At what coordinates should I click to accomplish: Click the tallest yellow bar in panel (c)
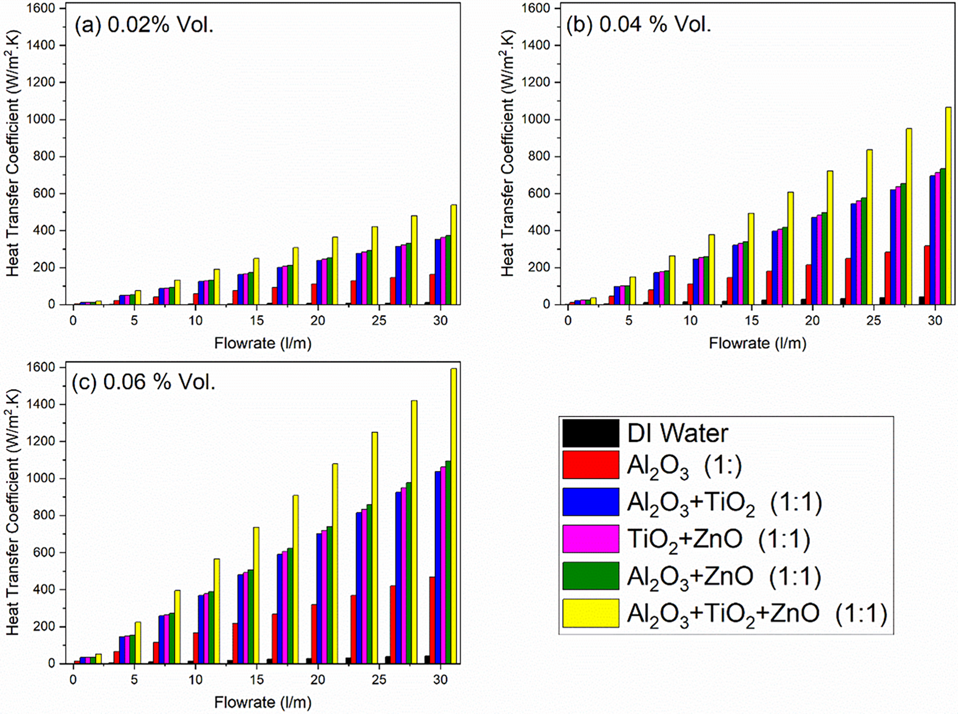[x=453, y=515]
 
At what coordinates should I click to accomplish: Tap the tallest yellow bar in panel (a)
[x=453, y=255]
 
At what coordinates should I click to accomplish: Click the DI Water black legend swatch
[x=590, y=433]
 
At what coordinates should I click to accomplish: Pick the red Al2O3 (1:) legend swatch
[x=590, y=465]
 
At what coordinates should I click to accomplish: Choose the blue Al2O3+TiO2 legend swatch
[x=590, y=502]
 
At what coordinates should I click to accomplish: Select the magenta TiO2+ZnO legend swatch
[x=590, y=539]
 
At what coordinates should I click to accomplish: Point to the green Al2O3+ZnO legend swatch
[x=590, y=576]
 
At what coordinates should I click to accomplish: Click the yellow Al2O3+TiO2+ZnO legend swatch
[x=590, y=613]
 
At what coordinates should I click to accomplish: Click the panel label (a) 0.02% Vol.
[x=144, y=25]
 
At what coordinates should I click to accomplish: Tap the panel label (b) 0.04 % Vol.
[x=639, y=24]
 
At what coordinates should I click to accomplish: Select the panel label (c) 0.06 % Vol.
[x=144, y=382]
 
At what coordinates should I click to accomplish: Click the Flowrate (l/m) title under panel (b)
[x=757, y=343]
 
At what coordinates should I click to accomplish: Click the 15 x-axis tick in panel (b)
[x=751, y=321]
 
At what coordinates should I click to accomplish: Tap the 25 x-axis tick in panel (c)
[x=379, y=680]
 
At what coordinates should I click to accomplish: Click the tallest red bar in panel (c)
[x=432, y=620]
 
